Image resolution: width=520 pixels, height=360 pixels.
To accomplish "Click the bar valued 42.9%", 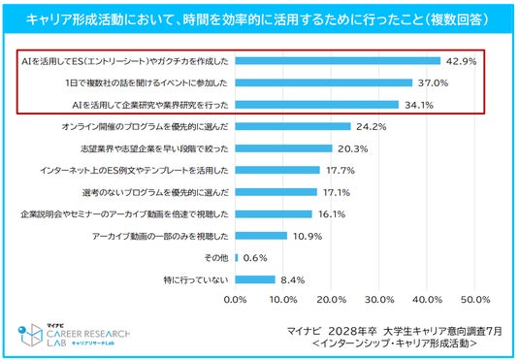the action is point(338,61).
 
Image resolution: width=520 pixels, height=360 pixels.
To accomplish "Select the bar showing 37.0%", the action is point(324,82).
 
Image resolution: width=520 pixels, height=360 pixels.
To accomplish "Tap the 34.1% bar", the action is point(317,105).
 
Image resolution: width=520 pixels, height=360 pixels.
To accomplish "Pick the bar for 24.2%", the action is point(293,126).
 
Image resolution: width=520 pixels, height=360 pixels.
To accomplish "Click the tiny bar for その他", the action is point(237,257).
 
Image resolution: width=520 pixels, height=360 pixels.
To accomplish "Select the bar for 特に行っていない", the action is point(255,279).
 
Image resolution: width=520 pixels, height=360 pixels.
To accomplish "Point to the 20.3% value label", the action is point(353,149).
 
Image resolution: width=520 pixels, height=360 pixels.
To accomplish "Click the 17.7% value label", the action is point(341,171).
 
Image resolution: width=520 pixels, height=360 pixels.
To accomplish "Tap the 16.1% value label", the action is point(332,214).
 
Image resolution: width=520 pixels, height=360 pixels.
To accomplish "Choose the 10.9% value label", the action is point(308,236).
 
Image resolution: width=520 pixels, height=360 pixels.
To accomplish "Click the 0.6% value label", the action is point(255,258).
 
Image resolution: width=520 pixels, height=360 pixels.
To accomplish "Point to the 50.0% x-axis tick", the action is point(475,300).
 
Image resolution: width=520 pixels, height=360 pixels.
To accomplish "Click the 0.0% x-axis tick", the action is point(235,300).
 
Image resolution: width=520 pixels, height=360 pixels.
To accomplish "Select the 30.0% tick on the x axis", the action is point(379,300).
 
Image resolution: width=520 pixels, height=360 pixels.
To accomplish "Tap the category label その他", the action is point(216,258).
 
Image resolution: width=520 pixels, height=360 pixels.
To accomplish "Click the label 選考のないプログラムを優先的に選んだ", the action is point(155,192).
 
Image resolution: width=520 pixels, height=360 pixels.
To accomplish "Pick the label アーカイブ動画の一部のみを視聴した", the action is point(160,236).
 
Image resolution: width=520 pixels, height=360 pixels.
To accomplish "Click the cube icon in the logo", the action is point(31,335).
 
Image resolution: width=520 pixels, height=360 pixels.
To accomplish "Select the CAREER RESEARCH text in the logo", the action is point(88,334).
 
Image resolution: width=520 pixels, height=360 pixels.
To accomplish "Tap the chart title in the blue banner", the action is point(257,19).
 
